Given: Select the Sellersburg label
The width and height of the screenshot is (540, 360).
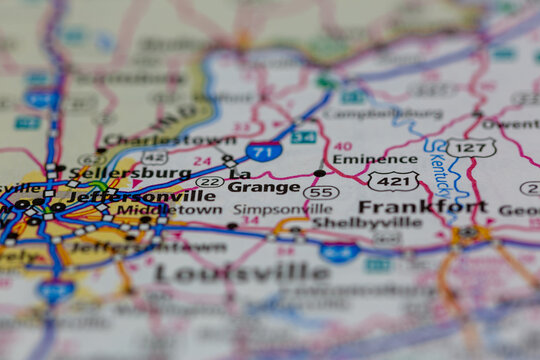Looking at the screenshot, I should coord(146,172).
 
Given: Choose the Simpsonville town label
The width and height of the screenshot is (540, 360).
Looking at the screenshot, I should coord(269,209).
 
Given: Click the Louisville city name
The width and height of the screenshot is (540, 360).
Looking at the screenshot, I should coord(242,272).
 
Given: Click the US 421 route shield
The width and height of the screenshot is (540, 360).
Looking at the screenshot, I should coord(393,181).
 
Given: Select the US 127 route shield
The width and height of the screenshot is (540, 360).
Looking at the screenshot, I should coord(470,147).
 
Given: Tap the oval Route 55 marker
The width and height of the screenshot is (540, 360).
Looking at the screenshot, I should coord(321,192).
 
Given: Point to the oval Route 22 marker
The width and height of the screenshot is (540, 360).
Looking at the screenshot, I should coord(209,181).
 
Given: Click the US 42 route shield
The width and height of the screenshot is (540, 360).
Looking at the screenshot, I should coord(154,157).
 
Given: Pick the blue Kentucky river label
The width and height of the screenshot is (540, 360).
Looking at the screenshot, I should coord(440,165).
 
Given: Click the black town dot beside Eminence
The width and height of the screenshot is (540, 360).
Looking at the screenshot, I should coord(319,173).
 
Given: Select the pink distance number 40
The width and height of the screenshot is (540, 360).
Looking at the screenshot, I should coord(343,145).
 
